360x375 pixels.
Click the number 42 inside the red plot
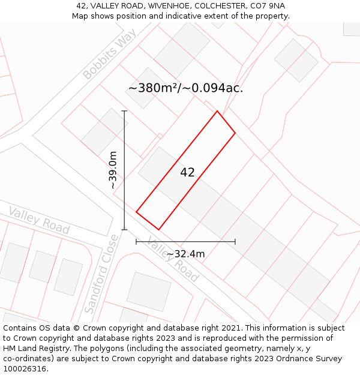coord(187,173)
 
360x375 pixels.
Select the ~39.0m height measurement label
coord(113,171)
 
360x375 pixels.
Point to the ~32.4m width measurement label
coord(185,254)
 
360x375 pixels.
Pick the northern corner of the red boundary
coord(217,111)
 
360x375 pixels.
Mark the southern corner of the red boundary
coord(159,229)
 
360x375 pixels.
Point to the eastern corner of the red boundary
coord(235,133)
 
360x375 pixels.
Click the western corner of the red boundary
coord(136,212)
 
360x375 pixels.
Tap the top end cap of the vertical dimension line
coord(124,111)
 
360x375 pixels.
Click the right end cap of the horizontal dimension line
coord(235,241)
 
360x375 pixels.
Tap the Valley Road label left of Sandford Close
coord(39,221)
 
